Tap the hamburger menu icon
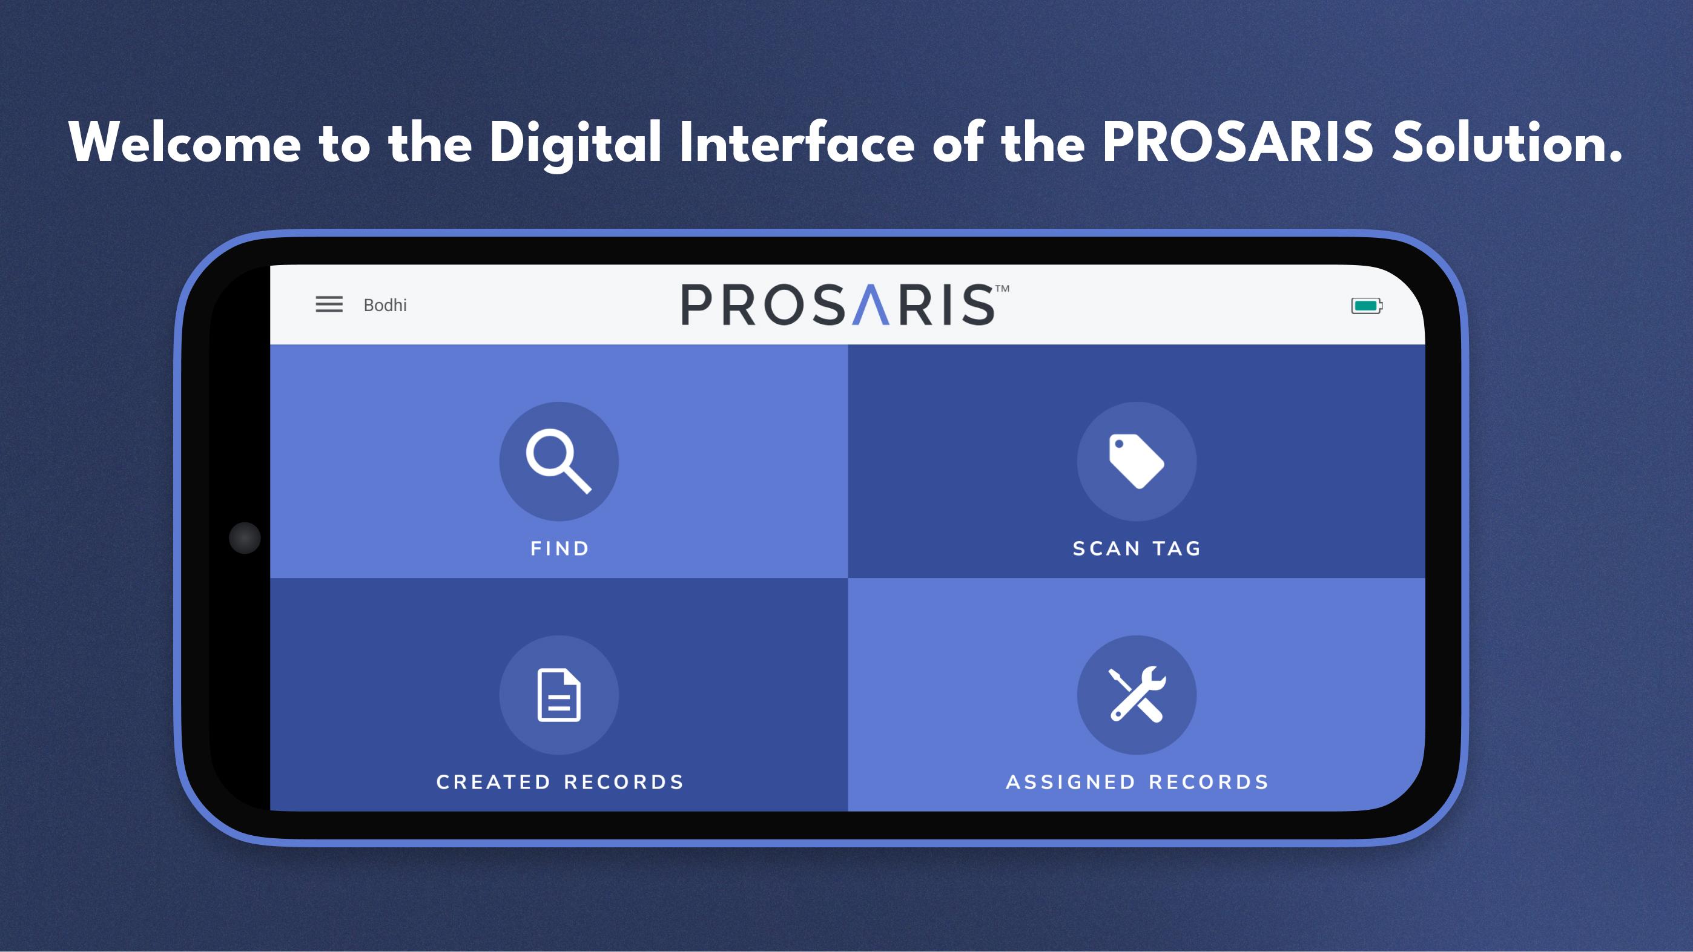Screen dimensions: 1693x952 329,304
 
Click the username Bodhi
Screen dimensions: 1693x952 385,305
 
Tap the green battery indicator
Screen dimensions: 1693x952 1367,306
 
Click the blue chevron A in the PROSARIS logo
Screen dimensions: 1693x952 870,305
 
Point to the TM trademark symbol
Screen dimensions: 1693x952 1002,289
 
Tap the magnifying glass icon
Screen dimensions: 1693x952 559,461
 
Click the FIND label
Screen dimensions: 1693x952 560,548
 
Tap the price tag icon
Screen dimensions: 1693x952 1137,461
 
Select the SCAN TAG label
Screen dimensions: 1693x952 1137,548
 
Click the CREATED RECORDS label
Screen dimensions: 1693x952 560,782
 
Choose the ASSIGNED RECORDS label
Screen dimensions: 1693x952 1137,782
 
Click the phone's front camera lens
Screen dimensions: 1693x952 245,538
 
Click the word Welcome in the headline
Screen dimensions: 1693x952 185,143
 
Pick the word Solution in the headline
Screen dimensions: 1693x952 1507,143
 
